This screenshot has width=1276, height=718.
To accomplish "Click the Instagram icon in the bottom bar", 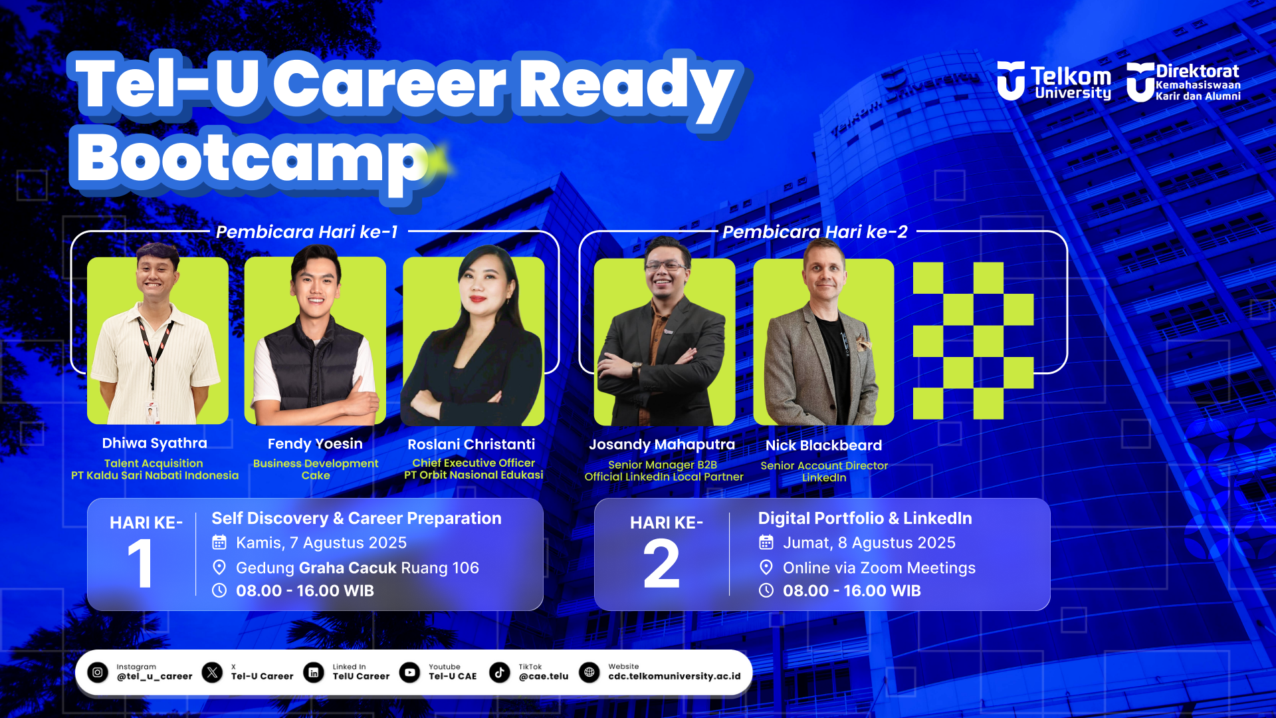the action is pos(98,672).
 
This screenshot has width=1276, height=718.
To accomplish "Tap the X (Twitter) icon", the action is pos(213,672).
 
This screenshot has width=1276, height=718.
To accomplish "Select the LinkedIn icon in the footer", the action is pos(314,672).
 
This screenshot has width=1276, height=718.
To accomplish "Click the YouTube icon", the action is pos(410,672).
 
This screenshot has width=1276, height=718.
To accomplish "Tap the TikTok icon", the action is pos(500,672).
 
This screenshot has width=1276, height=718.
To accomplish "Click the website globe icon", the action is pos(589,672).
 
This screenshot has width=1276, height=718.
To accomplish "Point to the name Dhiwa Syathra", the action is pos(155,443).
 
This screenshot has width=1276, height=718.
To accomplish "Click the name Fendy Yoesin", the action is pos(315,444).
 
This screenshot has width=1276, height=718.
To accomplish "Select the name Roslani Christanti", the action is pos(471,444).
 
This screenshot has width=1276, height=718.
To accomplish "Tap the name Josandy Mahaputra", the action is pos(662,445).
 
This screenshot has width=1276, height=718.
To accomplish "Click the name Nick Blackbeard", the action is pos(824,445).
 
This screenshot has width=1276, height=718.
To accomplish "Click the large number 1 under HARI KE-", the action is pos(141,564).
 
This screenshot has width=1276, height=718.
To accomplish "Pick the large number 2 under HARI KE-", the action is pos(662,564).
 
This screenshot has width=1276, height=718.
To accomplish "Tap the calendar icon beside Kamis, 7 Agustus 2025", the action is pos(219,542).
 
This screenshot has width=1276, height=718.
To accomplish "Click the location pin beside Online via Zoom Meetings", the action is pos(766,567).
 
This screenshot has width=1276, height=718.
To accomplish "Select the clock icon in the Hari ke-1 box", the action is pos(219,590).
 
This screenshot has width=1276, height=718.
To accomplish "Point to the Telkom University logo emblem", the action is pos(1011,80).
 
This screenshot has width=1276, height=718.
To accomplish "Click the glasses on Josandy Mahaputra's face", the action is pos(665,266).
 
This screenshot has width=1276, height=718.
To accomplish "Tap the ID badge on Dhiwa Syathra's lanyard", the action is pos(152,413).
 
